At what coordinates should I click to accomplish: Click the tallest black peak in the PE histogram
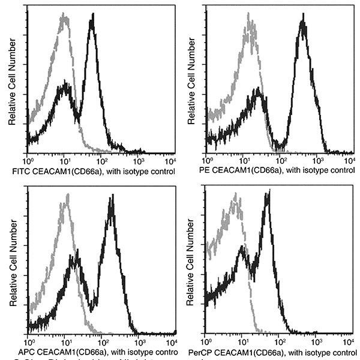point(303,25)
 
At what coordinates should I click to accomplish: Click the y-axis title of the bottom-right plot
point(190,264)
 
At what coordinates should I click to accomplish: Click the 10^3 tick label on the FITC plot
point(137,162)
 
